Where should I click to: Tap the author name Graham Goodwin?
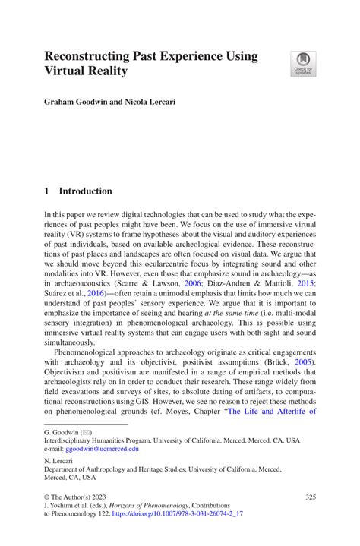pos(74,101)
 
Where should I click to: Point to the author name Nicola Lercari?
pos(149,101)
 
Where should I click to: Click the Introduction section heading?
pos(85,191)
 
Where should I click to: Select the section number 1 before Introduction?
pos(46,191)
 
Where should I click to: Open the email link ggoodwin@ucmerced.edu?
pos(102,449)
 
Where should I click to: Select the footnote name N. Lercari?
pos(60,461)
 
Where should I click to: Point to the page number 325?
pos(309,497)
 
